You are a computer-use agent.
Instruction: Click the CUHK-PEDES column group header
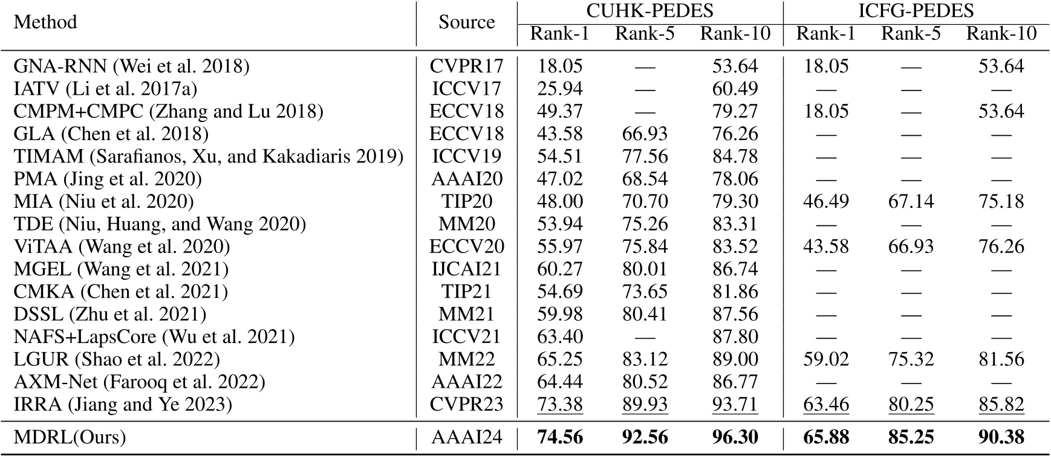tap(649, 11)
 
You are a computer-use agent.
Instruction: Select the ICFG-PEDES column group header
tap(916, 11)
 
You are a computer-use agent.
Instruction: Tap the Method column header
tap(45, 22)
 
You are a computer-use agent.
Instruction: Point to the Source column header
tap(466, 22)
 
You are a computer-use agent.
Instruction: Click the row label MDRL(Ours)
tap(70, 437)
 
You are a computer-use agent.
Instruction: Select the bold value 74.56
tap(560, 437)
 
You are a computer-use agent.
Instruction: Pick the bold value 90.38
tap(1001, 437)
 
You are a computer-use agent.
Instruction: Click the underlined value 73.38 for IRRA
tap(560, 405)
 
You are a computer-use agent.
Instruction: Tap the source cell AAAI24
tap(466, 437)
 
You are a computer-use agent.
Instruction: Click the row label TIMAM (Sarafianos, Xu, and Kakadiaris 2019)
tap(208, 156)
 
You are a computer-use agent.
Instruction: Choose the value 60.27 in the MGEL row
tap(560, 269)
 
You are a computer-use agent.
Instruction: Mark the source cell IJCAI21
tap(466, 269)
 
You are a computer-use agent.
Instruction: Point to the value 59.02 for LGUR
tap(826, 360)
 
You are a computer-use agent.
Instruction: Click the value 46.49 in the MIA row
tap(826, 202)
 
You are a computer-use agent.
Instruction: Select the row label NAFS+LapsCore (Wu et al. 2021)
tap(154, 337)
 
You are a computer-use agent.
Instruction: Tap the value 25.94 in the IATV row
tap(560, 89)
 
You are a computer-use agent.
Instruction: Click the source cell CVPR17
tap(466, 66)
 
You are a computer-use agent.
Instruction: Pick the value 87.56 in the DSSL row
tap(735, 315)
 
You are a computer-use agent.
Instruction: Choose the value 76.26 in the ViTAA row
tap(1001, 247)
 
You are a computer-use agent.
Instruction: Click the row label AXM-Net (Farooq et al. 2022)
tap(139, 382)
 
